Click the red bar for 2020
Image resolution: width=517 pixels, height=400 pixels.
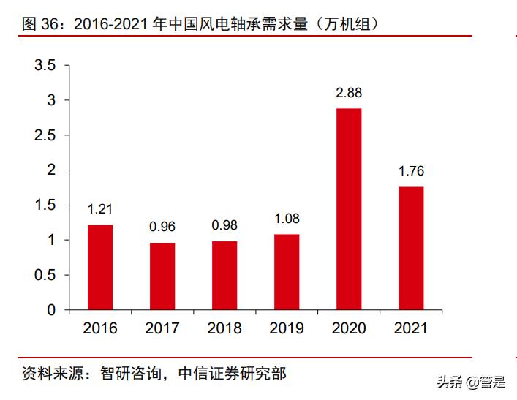[349, 209]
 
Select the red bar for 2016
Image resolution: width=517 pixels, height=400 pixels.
[100, 268]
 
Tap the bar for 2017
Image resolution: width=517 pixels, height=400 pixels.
[162, 276]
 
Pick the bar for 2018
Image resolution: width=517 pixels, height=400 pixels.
[224, 276]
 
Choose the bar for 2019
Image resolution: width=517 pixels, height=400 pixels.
[287, 272]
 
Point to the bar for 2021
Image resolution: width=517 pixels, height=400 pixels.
[411, 249]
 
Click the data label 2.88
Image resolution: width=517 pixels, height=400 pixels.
[349, 93]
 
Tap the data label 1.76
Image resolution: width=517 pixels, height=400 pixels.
[411, 172]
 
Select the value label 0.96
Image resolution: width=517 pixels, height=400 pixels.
[162, 227]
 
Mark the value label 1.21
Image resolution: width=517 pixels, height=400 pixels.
[100, 209]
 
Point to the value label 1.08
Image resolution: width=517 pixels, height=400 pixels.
[287, 219]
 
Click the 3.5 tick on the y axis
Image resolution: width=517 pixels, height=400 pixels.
[45, 66]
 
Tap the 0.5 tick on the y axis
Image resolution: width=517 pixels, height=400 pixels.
[45, 275]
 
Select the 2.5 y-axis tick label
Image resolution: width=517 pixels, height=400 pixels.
[45, 135]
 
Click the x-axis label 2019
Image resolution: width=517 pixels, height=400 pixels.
[287, 328]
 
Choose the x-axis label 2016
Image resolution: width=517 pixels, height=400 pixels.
[100, 328]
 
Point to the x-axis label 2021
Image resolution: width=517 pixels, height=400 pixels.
[411, 328]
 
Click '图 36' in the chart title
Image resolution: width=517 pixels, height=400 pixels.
[39, 24]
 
